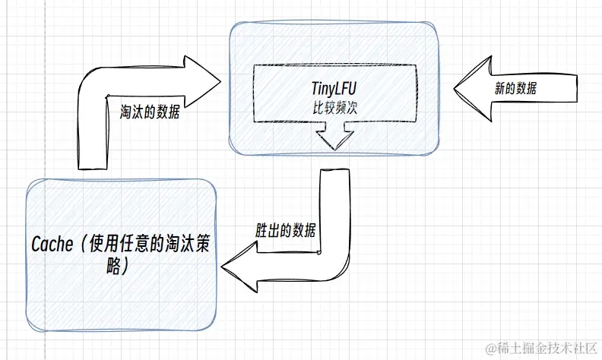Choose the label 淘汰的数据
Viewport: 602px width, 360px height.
click(150, 109)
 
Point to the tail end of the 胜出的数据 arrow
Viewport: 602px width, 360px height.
click(334, 172)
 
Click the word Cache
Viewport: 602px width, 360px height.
click(55, 245)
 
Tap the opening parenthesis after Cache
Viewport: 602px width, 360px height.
click(83, 245)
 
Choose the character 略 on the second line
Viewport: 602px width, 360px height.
click(109, 267)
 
